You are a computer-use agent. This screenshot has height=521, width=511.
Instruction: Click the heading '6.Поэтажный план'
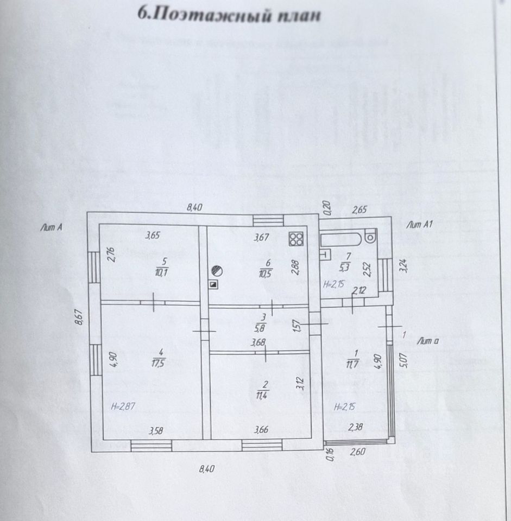pos(230,15)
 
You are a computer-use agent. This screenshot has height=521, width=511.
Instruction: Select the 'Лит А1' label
pos(420,224)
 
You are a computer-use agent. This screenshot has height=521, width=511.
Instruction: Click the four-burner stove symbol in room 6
pos(296,239)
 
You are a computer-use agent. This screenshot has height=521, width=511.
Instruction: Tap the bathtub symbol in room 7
pos(342,238)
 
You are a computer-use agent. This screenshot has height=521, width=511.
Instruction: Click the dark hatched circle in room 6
pos(216,270)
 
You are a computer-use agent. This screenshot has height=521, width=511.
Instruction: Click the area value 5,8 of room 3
pos(263,328)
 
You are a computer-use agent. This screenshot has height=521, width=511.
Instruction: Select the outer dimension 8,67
pos(79,317)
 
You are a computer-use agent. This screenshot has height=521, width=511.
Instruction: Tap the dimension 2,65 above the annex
pos(361,209)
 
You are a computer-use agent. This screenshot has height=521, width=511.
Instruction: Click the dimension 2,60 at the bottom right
pos(358,451)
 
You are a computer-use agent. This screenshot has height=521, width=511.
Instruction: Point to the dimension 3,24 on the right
pos(402,266)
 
